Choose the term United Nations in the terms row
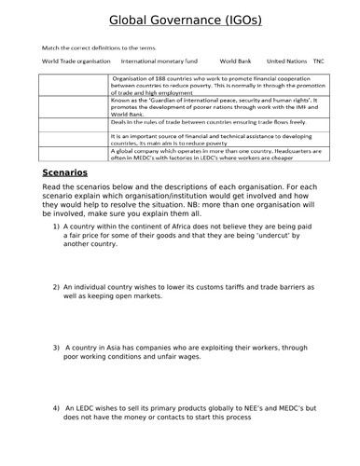tap(286, 60)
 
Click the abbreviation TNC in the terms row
tap(320, 60)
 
